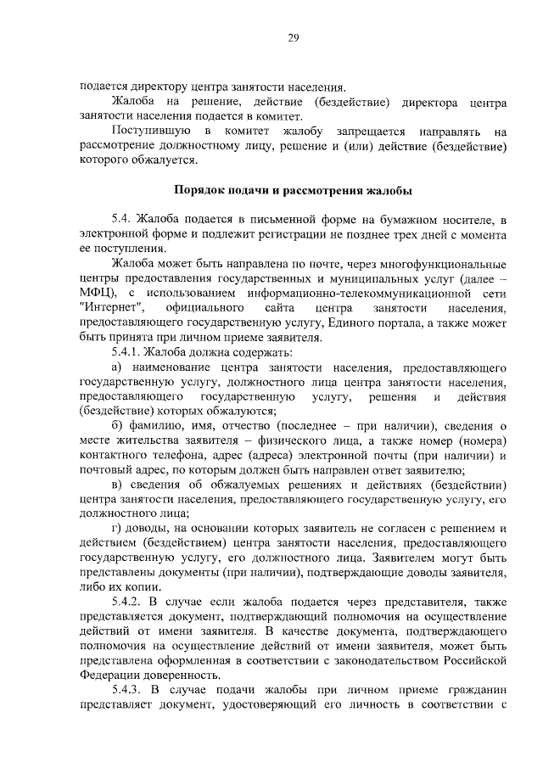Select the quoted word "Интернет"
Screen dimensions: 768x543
pos(110,308)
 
